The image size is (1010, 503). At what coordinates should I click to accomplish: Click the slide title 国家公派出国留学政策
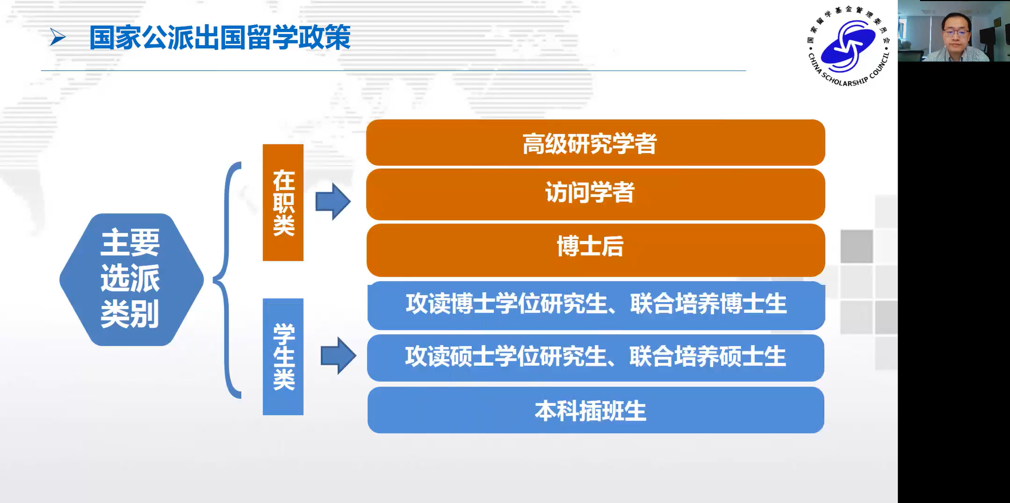point(220,37)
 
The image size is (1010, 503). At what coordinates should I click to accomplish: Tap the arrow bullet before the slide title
point(57,37)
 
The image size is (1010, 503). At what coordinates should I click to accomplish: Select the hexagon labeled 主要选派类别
point(132,280)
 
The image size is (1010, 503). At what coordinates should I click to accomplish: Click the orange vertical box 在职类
point(283,202)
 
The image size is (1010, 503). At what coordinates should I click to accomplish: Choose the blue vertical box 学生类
point(283,357)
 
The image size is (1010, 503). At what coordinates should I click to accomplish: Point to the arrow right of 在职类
point(333,201)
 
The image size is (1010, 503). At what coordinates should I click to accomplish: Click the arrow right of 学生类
point(339,356)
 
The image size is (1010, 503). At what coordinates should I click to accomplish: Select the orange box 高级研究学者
point(595,142)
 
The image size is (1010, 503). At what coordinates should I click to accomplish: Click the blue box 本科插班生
point(595,410)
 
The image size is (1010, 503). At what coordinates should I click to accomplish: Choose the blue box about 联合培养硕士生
point(595,357)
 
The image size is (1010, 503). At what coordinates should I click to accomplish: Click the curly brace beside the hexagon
point(226,280)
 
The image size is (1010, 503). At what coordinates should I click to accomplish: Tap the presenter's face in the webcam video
point(956,32)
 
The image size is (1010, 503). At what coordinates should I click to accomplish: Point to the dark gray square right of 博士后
point(856,246)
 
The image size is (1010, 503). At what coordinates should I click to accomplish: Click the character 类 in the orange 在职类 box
point(284,225)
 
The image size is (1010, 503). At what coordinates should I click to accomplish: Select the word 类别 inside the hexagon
point(130,314)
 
